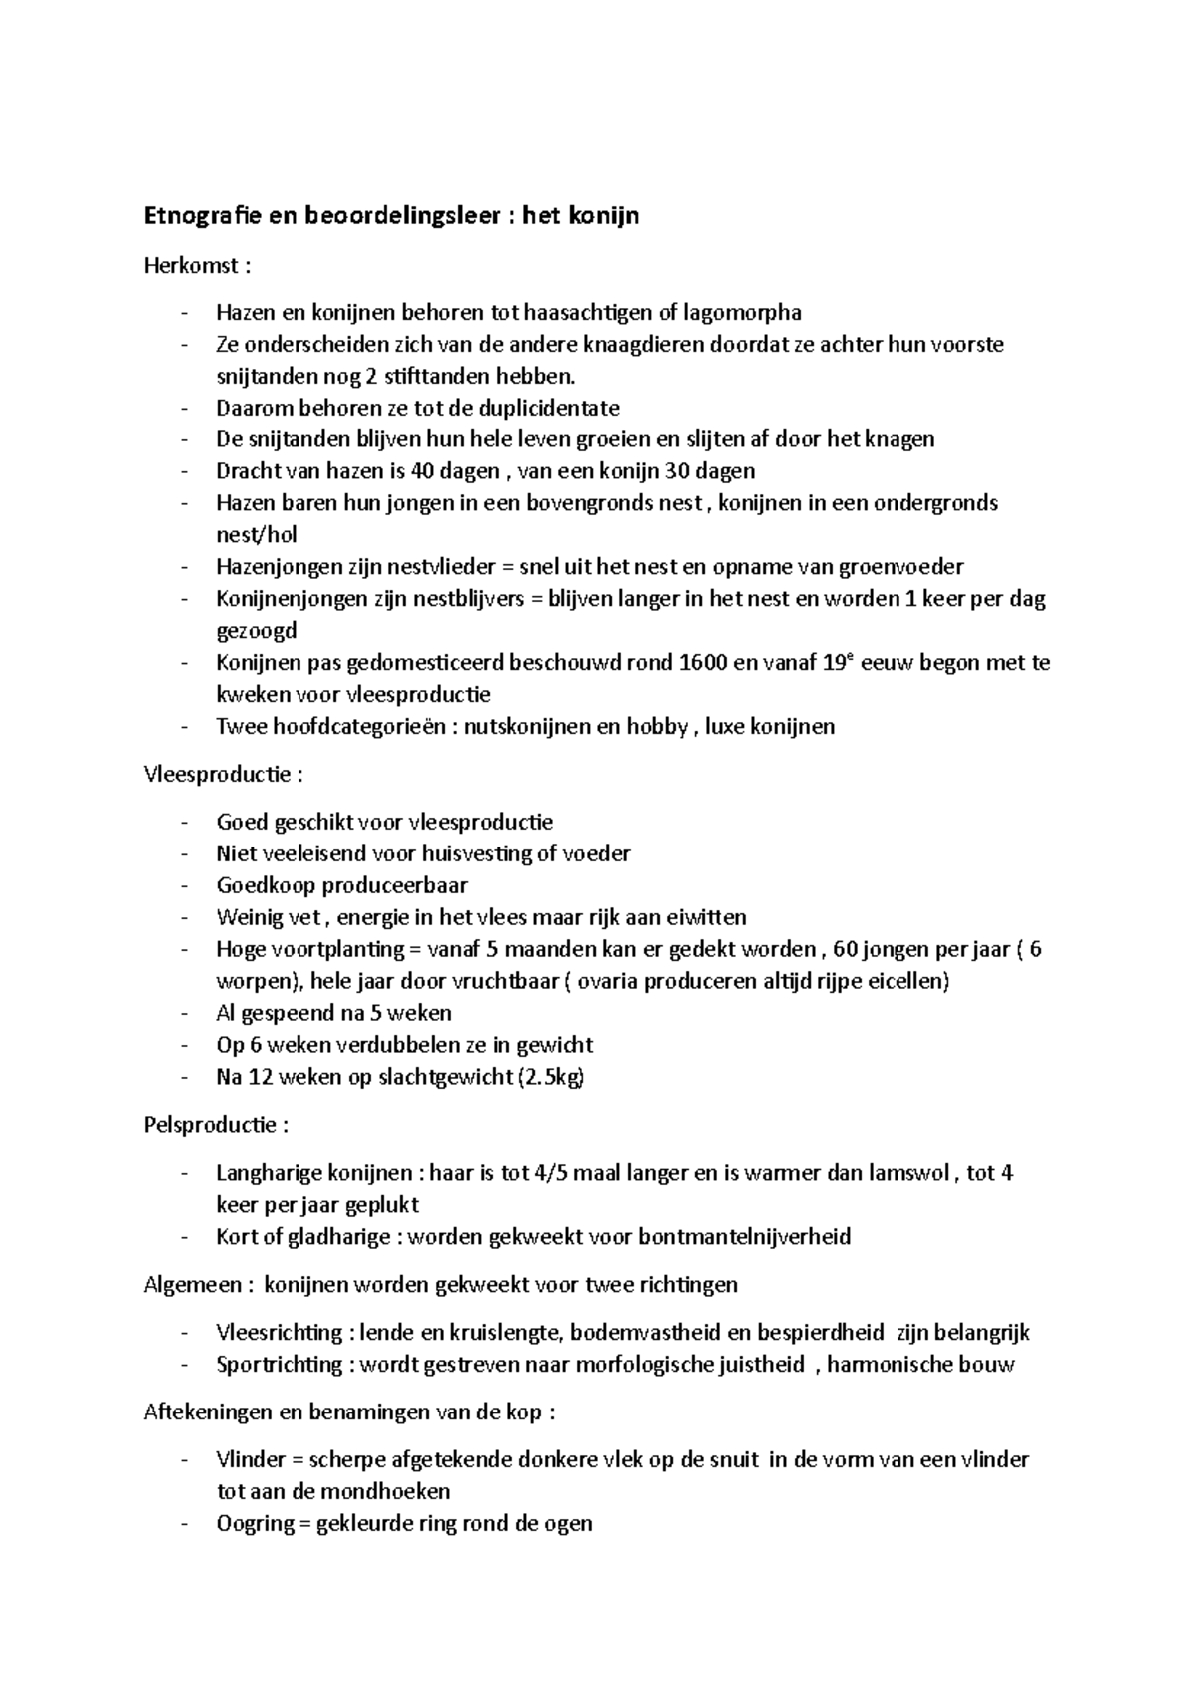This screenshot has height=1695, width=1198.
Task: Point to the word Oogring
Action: (254, 1524)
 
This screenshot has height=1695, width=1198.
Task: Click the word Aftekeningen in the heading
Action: (210, 1412)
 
